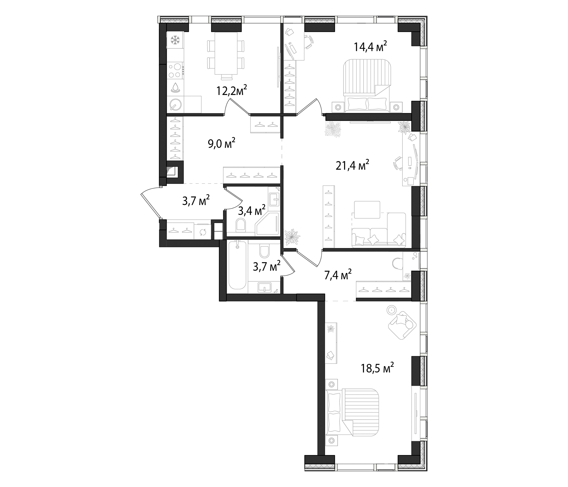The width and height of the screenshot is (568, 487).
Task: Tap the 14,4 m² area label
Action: tap(370, 47)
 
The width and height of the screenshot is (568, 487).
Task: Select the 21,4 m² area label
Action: tap(352, 165)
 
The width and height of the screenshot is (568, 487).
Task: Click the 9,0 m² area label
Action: tap(222, 143)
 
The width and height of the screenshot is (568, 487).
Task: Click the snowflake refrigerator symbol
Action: tap(175, 40)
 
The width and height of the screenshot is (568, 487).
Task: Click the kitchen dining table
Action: tap(226, 53)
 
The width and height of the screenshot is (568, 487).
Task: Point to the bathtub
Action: tap(237, 265)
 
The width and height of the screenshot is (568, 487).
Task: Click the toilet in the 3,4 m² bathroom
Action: tap(241, 225)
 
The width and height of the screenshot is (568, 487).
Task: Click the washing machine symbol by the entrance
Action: tap(203, 232)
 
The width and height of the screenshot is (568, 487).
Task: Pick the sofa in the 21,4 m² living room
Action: tap(378, 233)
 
